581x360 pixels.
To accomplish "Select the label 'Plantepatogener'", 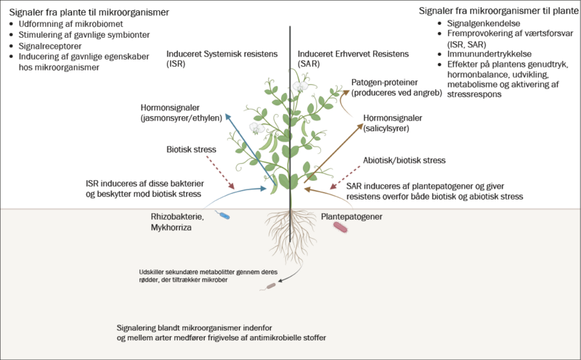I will point(352,216).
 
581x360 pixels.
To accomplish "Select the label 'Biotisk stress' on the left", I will point(192,150).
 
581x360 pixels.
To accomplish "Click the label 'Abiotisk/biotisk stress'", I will point(404,160).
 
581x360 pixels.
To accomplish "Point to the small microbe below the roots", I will point(272,286).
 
